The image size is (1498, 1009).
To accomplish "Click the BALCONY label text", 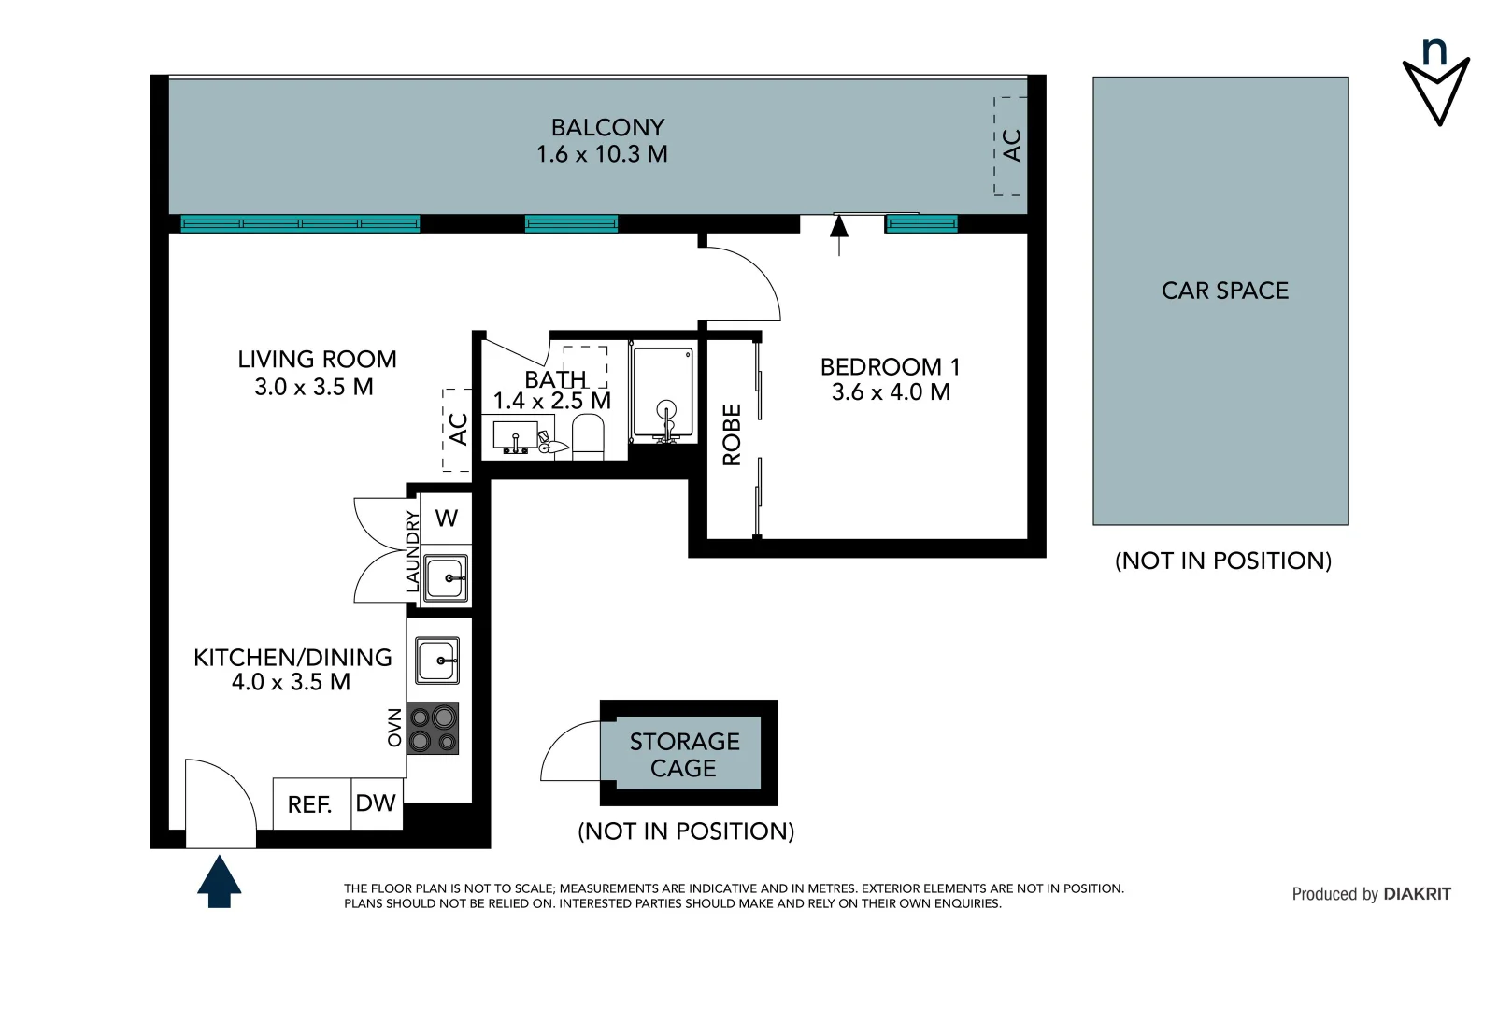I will tap(607, 127).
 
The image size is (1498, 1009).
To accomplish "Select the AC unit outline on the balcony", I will tap(1010, 146).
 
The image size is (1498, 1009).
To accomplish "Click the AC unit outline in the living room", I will tap(457, 430).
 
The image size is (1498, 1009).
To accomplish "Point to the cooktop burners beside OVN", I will tap(433, 729).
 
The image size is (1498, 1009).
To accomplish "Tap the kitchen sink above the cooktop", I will tap(437, 661).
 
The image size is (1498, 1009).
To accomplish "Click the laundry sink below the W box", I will tap(446, 577).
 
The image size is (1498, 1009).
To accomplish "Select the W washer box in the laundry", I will tap(447, 519).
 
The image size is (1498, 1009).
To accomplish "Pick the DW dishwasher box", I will tap(377, 803).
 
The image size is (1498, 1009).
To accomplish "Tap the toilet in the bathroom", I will tap(588, 436).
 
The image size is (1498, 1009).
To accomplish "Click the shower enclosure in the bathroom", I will tap(663, 393).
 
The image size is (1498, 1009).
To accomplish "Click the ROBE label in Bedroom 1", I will tap(732, 434).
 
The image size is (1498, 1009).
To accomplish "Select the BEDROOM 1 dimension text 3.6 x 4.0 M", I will tap(891, 392).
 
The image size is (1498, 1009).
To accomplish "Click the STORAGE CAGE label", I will tap(684, 754).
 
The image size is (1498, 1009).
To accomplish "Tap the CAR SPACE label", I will tap(1224, 291).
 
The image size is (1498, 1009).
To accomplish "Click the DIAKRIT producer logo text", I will tap(1417, 894).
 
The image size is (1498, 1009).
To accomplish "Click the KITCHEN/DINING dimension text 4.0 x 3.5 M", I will tap(291, 683).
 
